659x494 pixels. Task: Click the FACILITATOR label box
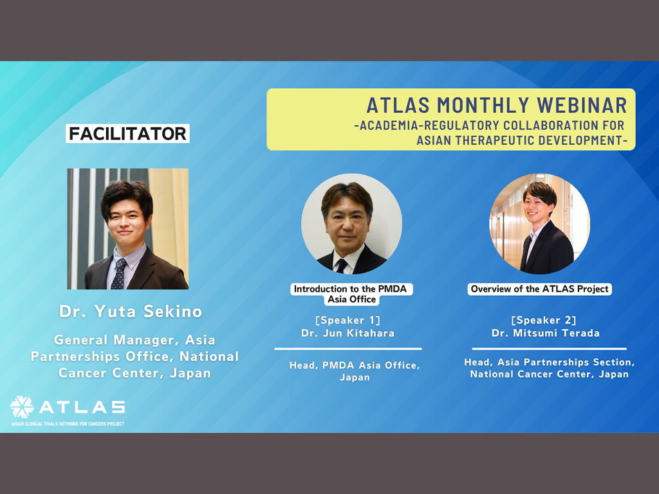pos(128,134)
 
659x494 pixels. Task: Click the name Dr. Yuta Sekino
pos(131,311)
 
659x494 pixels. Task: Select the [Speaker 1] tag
pos(348,320)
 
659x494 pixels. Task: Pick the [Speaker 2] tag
pos(543,320)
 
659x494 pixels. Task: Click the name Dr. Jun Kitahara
pos(348,333)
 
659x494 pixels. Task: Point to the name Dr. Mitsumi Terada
pos(546,333)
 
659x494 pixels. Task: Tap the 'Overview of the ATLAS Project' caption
pos(540,289)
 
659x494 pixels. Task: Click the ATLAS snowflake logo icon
pos(22,407)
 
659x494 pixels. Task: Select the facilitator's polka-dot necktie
pos(119,273)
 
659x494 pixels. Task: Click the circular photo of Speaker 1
pos(352,224)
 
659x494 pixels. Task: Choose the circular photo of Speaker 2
pos(540,224)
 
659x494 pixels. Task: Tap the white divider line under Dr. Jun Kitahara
pos(348,349)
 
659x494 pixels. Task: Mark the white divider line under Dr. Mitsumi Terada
pos(550,349)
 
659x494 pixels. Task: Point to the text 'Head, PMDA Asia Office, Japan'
pos(355,371)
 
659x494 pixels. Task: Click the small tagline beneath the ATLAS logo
pos(68,424)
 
